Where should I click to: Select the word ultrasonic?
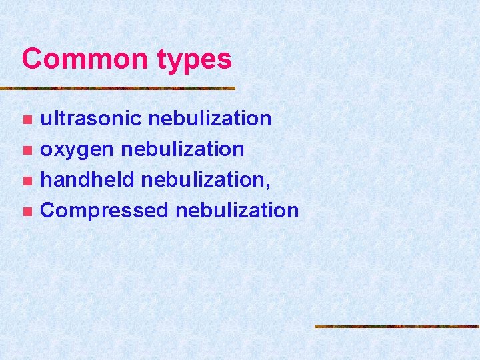coord(91,118)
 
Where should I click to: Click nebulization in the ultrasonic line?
coord(210,118)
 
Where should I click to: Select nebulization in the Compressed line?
coord(237,210)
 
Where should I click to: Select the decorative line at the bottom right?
coord(397,327)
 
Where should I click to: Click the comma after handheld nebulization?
coord(268,186)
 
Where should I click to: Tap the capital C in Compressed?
coord(49,211)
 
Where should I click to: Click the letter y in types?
coord(176,63)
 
